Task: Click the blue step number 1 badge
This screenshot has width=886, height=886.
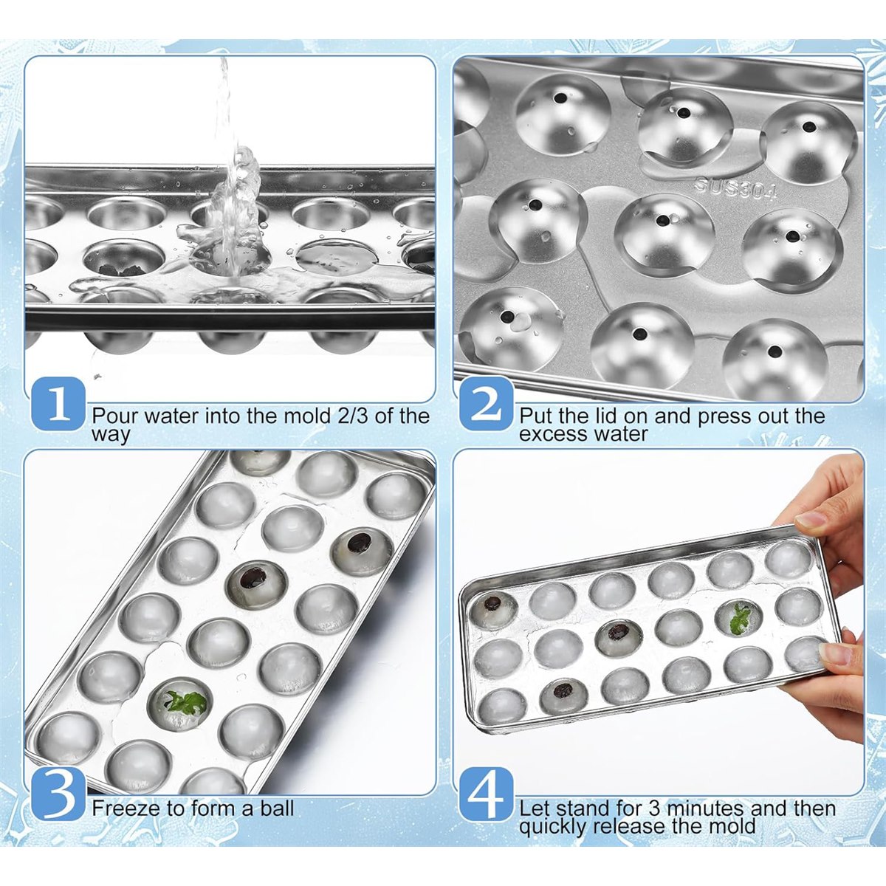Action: [x=58, y=403]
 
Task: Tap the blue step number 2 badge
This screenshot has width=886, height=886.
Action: [x=487, y=403]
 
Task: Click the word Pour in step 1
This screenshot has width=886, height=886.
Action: [x=114, y=416]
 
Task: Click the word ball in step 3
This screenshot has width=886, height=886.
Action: [x=277, y=808]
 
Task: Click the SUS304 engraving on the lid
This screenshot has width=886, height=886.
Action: [x=735, y=188]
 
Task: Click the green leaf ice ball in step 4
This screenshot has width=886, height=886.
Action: [x=739, y=619]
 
